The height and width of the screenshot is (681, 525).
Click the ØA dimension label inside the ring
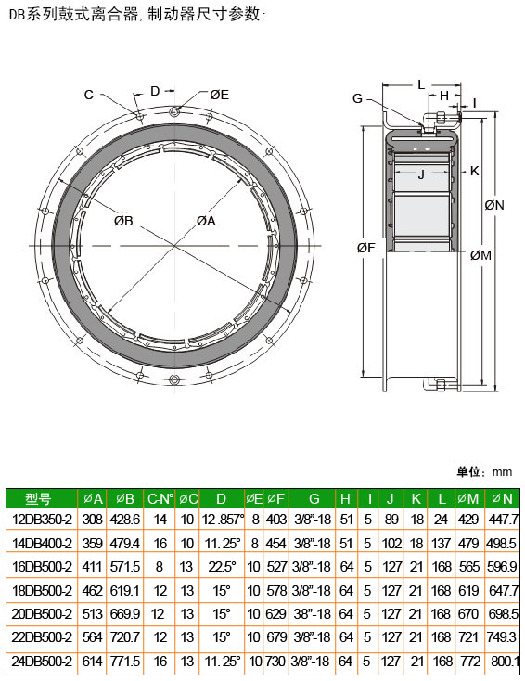(x=206, y=221)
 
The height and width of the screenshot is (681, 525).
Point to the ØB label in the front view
(x=123, y=221)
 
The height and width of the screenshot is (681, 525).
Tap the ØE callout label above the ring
(x=219, y=96)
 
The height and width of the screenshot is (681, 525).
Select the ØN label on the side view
(x=494, y=205)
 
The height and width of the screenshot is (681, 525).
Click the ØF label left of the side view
(x=365, y=248)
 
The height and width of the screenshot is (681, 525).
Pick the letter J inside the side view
(x=421, y=175)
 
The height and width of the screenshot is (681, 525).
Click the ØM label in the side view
(x=480, y=255)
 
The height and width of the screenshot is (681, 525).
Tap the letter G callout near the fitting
(x=357, y=98)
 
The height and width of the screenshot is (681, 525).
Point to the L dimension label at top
(x=421, y=85)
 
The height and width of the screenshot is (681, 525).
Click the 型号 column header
(x=38, y=498)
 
